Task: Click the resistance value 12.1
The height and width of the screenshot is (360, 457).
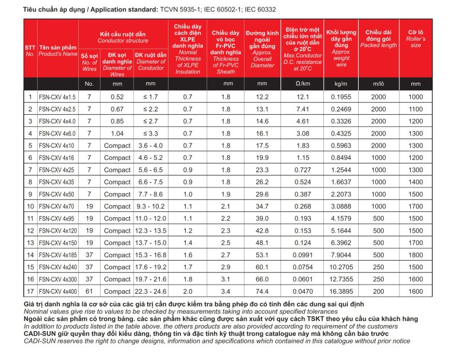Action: (302, 97)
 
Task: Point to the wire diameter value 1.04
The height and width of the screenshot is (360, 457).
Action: (117, 133)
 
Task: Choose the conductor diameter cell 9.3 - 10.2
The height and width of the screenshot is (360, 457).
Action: (151, 206)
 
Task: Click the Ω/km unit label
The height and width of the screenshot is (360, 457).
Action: (302, 84)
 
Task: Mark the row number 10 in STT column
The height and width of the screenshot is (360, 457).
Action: (30, 206)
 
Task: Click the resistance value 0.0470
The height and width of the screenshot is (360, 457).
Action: (302, 291)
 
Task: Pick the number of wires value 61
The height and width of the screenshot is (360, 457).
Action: (89, 291)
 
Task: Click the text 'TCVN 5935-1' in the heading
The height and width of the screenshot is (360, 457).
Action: (178, 10)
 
